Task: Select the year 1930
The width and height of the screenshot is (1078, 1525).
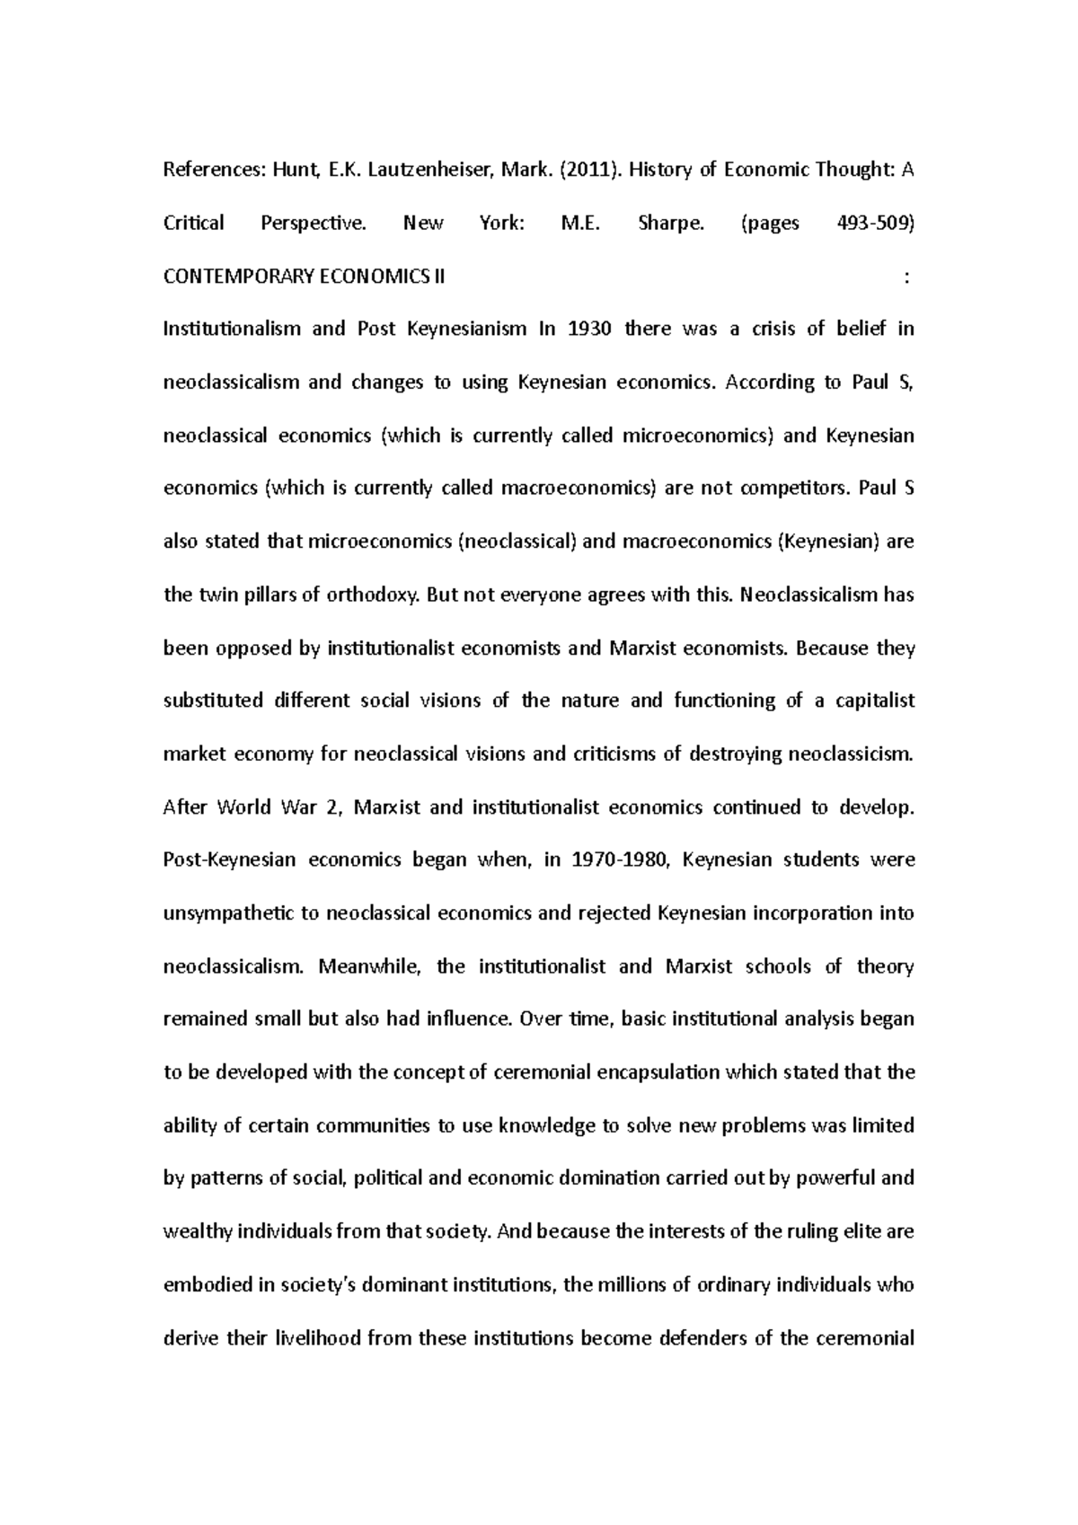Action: click(x=589, y=329)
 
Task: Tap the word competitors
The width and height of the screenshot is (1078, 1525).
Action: click(x=795, y=489)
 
